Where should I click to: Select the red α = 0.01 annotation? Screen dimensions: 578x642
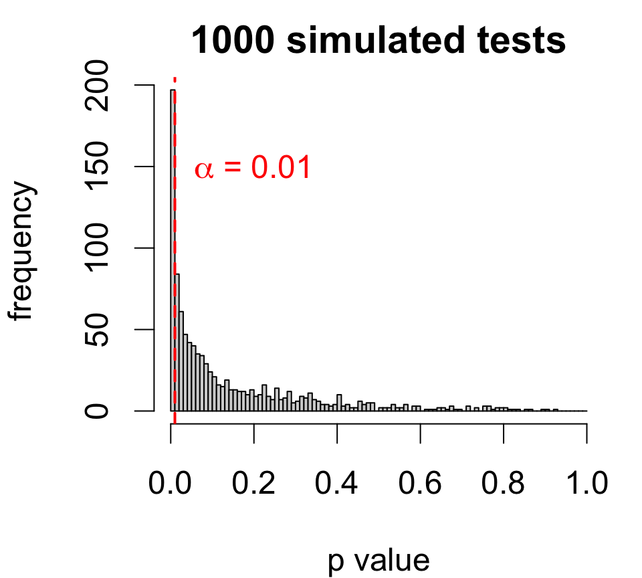tap(253, 168)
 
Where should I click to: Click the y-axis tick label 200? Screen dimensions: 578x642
tap(99, 85)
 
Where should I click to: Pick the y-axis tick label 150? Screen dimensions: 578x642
tap(99, 167)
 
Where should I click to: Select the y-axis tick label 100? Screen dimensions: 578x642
tap(99, 248)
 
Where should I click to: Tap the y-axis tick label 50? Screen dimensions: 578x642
tap(99, 329)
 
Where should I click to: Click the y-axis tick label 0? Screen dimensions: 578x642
tap(99, 411)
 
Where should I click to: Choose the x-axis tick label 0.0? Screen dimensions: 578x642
tap(171, 483)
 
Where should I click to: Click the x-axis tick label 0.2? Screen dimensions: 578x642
tap(254, 483)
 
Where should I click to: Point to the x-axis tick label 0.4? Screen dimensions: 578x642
tap(337, 483)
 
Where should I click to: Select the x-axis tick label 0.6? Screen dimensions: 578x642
tap(421, 483)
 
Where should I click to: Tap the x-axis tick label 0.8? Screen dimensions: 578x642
tap(504, 483)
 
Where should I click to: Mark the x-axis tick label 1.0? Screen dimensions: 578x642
tap(586, 483)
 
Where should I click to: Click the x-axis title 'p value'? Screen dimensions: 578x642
tap(379, 561)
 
